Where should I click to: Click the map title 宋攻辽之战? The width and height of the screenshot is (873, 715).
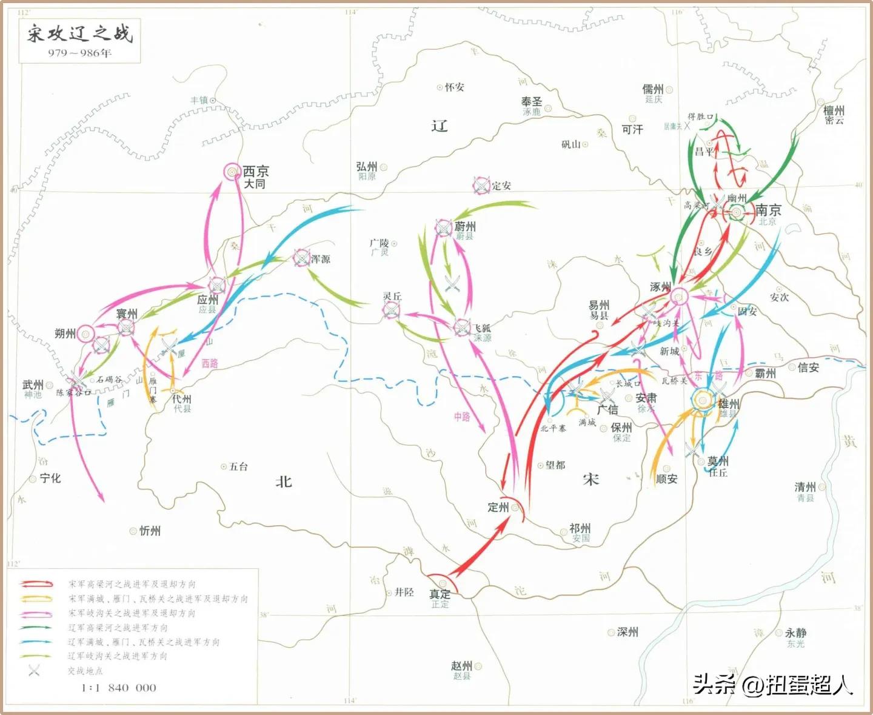pos(79,33)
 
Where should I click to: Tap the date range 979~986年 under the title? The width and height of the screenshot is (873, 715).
pos(79,53)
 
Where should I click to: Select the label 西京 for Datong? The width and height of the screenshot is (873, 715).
pos(256,172)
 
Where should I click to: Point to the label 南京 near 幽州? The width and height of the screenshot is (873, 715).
pos(768,210)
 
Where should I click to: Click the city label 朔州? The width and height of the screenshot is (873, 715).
pos(65,334)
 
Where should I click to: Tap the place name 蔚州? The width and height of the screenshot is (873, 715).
pos(465,226)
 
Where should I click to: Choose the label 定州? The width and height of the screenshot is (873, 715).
pos(498,507)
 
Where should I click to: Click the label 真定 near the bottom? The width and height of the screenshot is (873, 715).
pos(440,594)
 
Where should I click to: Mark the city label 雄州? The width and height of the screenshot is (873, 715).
pos(728,403)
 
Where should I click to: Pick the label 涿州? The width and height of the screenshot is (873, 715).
pos(660,287)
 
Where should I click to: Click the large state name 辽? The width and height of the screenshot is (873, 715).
pos(439,126)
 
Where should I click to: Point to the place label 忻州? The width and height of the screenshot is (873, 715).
pos(150,531)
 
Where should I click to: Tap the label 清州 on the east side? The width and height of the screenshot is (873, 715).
pos(805,487)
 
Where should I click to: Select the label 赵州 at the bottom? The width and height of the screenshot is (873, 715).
pos(461,666)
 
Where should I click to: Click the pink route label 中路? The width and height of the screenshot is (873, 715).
pos(462,417)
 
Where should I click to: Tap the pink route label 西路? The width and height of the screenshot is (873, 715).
pos(210,363)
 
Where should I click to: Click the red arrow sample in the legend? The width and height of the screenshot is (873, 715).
pos(36,584)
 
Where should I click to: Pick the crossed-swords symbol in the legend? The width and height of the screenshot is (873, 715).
pos(34,670)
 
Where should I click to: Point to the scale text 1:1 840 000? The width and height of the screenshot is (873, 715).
pos(119,688)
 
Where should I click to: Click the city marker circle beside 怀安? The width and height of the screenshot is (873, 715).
pos(440,87)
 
